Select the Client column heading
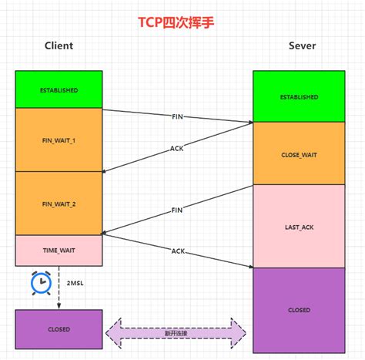coord(59,45)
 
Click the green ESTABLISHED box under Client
coord(59,89)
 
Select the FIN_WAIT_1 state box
coord(59,140)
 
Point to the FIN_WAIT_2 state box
coord(59,204)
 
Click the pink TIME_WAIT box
coord(59,251)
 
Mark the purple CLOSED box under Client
coord(59,329)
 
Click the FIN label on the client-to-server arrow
coord(177,116)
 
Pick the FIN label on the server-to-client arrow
coord(177,209)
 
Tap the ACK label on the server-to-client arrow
coord(177,149)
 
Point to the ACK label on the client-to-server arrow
coord(177,251)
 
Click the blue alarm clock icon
coord(39,284)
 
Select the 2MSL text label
coord(75,283)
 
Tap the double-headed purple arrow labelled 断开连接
coord(176,331)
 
